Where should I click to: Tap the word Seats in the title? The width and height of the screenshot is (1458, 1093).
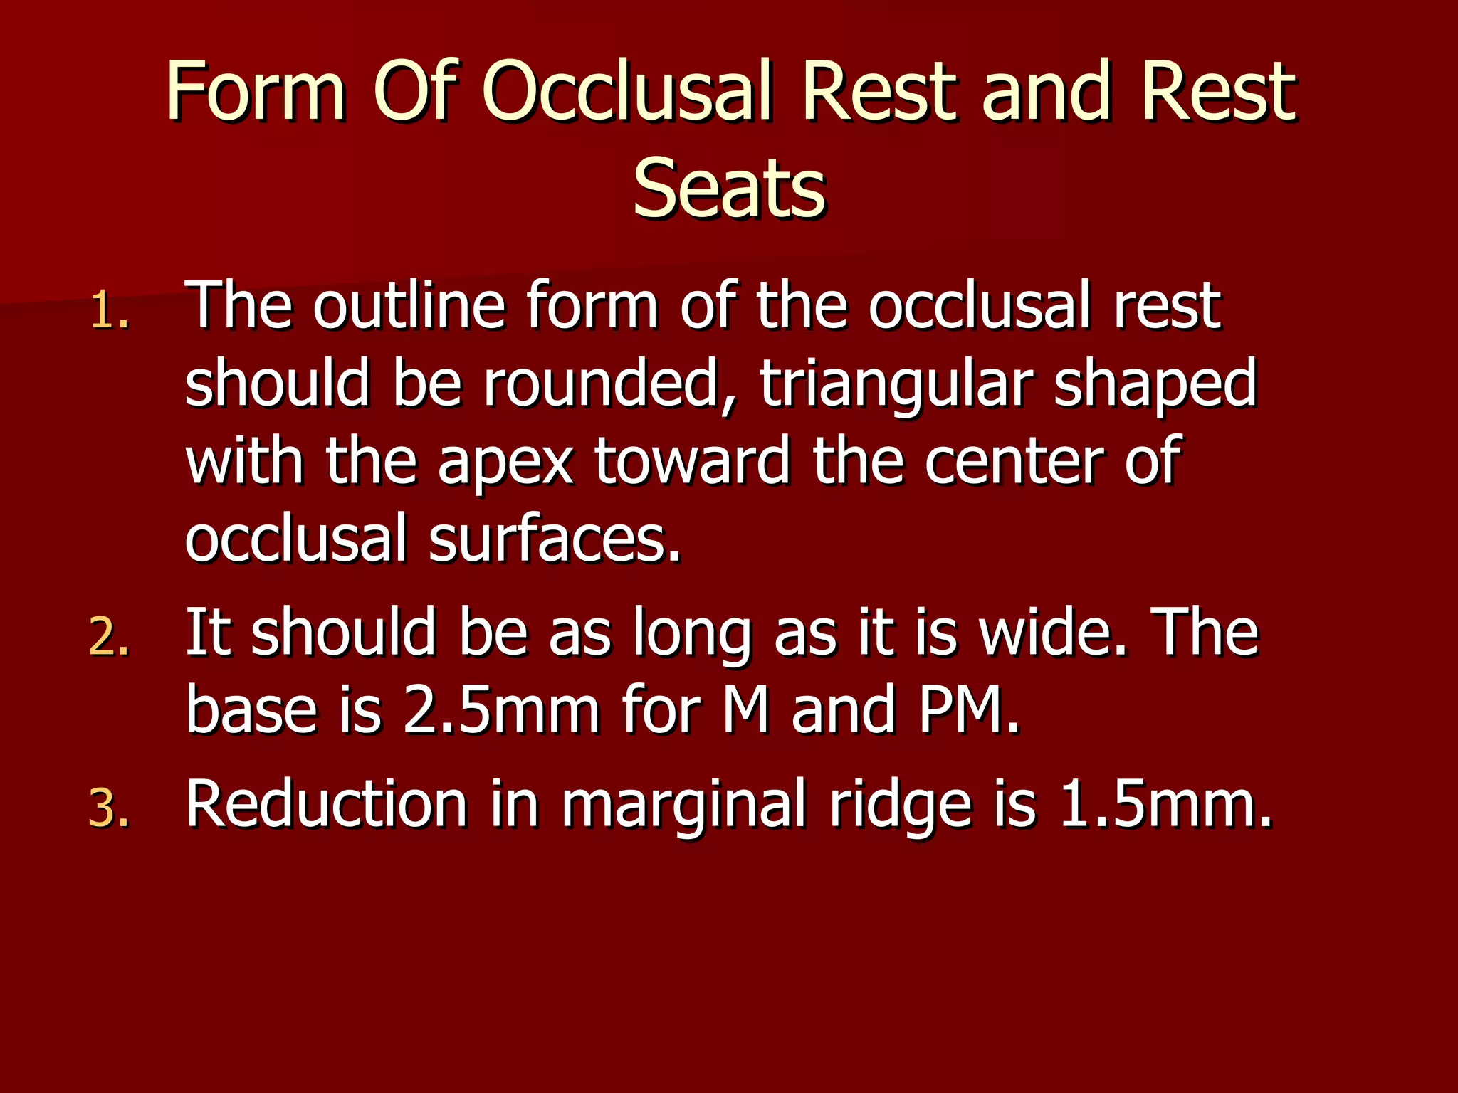[x=729, y=187]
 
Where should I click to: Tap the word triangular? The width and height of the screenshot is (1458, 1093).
[x=896, y=384]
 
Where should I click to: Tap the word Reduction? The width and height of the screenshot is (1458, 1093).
[x=326, y=804]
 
